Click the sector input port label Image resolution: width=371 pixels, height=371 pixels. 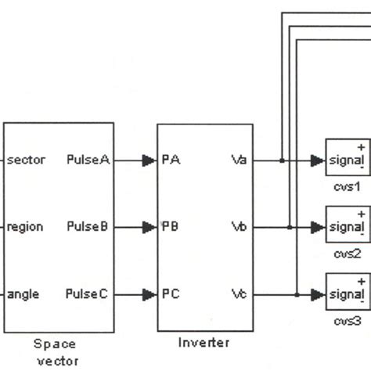27,160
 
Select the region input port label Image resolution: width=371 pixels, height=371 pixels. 25,228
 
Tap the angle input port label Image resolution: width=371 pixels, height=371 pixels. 23,295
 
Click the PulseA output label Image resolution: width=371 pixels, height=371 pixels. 88,160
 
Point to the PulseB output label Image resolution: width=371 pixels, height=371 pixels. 88,228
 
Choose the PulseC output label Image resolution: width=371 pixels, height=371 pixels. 88,295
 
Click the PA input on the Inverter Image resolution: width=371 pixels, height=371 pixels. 171,160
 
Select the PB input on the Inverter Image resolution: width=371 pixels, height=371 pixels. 171,228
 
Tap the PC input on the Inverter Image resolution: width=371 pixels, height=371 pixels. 171,295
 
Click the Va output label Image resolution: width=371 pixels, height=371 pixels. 240,160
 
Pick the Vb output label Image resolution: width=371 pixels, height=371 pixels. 240,228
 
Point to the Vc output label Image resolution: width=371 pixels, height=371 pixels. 240,295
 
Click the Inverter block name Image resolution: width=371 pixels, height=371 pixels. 204,343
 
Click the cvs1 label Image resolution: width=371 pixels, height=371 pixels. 347,187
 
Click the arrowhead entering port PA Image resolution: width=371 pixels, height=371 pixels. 149,160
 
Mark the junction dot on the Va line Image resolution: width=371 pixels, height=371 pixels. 281,160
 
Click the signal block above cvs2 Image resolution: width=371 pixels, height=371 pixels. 347,227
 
